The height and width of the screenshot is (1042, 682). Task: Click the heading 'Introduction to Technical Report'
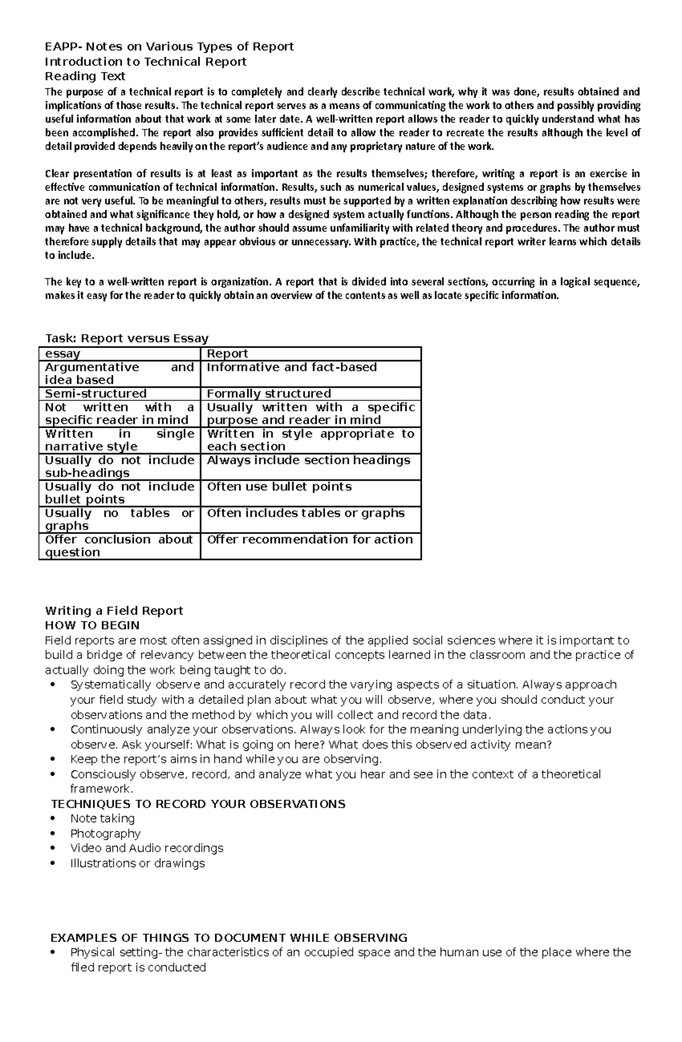point(145,61)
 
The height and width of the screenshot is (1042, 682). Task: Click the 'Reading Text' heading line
point(85,76)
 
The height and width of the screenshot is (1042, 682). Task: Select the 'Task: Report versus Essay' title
point(127,338)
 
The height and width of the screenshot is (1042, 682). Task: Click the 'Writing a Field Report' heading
point(114,611)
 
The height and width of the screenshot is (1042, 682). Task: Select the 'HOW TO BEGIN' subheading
point(92,626)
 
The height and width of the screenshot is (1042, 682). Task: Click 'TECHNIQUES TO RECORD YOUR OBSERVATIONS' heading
point(198,804)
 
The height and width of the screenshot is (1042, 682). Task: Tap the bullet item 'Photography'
point(105,834)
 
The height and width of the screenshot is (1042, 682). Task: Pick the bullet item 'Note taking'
point(102,819)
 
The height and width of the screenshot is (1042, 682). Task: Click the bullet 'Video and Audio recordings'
point(147,848)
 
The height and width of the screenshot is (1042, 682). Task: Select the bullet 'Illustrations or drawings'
point(137,864)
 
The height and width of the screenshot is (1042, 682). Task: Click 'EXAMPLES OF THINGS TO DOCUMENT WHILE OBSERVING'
point(229,938)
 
